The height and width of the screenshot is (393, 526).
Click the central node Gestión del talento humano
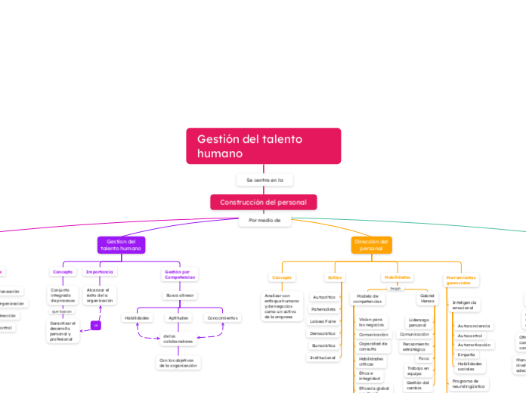[x=263, y=146]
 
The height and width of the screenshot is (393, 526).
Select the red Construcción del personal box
[x=263, y=203]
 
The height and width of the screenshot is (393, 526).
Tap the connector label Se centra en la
[x=264, y=180]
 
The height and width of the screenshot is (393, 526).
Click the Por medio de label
[x=264, y=221]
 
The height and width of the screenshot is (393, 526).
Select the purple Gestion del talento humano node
[x=121, y=245]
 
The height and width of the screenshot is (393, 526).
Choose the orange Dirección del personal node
[x=371, y=245]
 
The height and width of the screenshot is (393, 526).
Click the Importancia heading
[x=100, y=271]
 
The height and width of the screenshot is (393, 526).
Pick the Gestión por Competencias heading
[x=181, y=274]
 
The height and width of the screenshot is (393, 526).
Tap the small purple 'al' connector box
[x=95, y=325]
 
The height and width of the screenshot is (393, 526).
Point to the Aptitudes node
[x=178, y=318]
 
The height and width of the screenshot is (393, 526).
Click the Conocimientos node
[x=223, y=318]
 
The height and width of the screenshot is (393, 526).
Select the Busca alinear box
[x=181, y=296]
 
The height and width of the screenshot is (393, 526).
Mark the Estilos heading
[x=334, y=277]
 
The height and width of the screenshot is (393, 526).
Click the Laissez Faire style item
[x=323, y=321]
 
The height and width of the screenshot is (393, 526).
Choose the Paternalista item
[x=323, y=309]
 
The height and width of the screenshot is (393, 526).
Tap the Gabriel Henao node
[x=427, y=298]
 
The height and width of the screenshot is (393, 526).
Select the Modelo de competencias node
[x=367, y=299]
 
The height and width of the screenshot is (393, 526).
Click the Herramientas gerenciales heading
[x=460, y=280]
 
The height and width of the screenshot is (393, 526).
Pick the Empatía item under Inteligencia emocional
[x=467, y=354]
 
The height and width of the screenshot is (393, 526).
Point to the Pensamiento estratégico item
[x=416, y=347]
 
